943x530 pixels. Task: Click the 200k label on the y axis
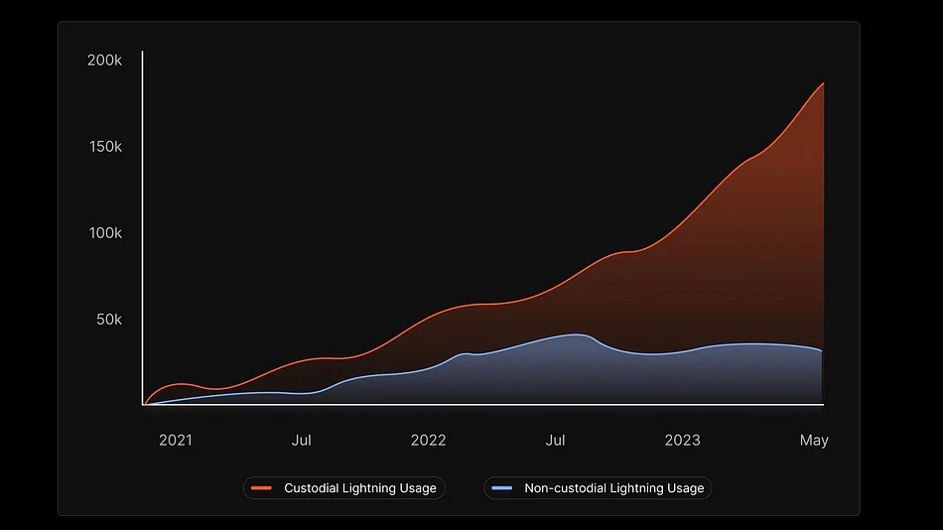(x=104, y=60)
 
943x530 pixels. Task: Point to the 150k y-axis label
(x=104, y=146)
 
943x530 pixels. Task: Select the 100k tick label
(x=104, y=232)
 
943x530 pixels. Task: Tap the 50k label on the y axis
(x=108, y=320)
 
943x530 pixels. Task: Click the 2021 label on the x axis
(x=176, y=440)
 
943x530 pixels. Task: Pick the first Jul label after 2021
(x=301, y=440)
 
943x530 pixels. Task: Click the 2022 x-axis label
(x=428, y=440)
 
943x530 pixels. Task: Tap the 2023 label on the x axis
(x=682, y=440)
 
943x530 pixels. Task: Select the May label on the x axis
(x=814, y=440)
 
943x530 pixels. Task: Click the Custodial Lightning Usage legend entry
(x=344, y=488)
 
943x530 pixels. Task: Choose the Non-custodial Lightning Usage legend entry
(x=598, y=488)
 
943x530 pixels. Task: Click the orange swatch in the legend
(x=262, y=488)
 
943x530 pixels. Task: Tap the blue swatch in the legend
(x=502, y=488)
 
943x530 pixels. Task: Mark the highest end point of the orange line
(x=824, y=83)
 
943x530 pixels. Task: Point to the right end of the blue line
(x=822, y=351)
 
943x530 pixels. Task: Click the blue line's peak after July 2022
(x=577, y=334)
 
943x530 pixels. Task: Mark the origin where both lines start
(x=144, y=404)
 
